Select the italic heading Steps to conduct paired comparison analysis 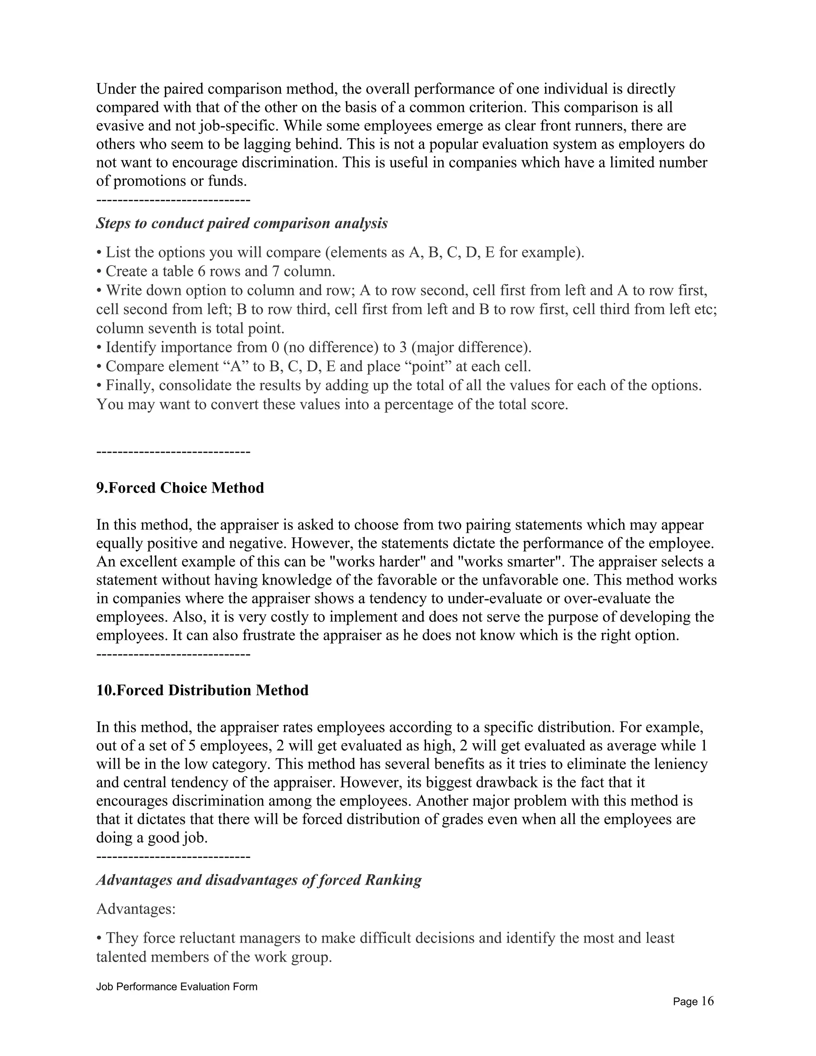242,224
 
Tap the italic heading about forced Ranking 259,879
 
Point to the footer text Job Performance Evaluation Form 177,986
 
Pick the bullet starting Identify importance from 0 314,347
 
